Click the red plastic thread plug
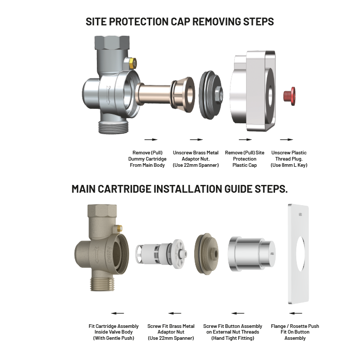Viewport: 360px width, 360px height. pyautogui.click(x=289, y=95)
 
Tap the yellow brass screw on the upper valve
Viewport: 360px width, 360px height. pyautogui.click(x=132, y=63)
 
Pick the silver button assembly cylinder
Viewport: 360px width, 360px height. pyautogui.click(x=250, y=256)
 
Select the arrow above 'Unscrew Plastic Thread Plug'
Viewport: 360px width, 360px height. pyautogui.click(x=286, y=139)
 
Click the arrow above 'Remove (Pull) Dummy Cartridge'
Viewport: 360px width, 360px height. pyautogui.click(x=150, y=139)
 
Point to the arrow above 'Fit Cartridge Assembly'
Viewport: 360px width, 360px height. pyautogui.click(x=117, y=313)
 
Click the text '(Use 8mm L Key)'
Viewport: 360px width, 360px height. pyautogui.click(x=289, y=165)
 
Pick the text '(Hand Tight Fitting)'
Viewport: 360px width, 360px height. pyautogui.click(x=232, y=338)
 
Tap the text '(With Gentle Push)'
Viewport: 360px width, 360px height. pyautogui.click(x=113, y=338)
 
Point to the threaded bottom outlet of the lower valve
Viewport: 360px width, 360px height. pyautogui.click(x=104, y=284)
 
